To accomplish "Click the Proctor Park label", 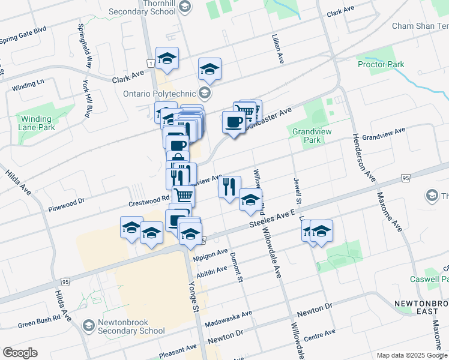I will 381,64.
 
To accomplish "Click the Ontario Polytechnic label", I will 159,94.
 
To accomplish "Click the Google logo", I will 20,353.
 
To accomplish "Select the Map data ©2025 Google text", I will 411,355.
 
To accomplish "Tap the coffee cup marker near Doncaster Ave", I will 234,122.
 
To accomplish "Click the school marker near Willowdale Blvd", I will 250,200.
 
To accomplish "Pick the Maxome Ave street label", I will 389,211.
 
